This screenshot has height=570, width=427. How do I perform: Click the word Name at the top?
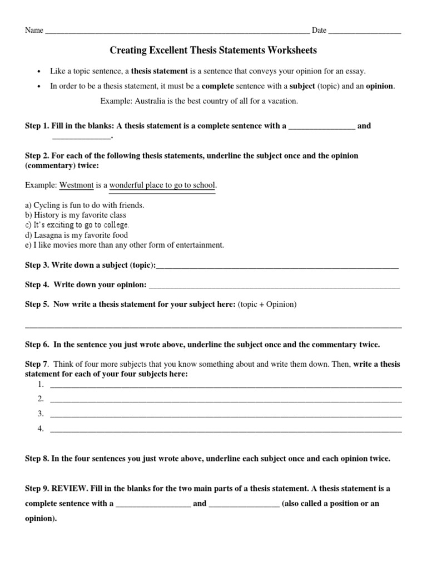(34, 30)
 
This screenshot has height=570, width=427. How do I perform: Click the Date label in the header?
(319, 30)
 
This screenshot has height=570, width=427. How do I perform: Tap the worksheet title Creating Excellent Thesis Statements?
(213, 51)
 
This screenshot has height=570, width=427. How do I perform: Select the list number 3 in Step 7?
(41, 414)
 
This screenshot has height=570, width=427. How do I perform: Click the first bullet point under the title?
(38, 72)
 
